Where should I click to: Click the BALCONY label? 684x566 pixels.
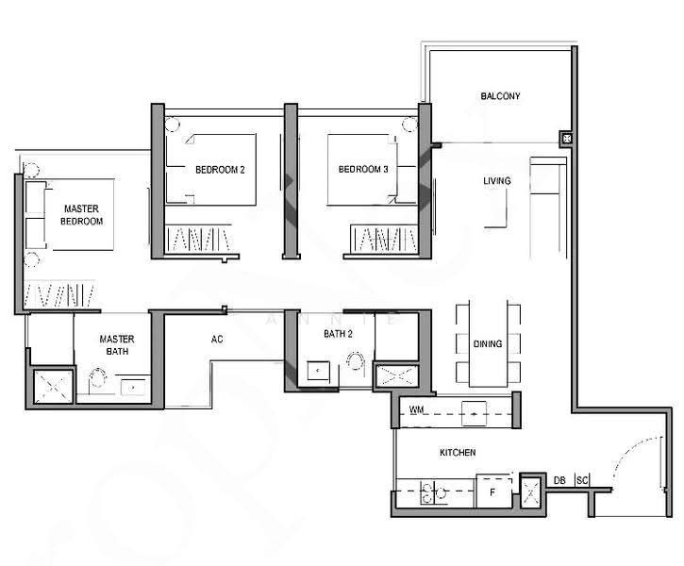click(500, 96)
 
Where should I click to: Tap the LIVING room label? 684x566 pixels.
click(497, 180)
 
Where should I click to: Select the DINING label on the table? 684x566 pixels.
click(488, 343)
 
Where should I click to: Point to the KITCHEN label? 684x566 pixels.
click(458, 453)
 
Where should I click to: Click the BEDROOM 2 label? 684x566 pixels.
click(220, 170)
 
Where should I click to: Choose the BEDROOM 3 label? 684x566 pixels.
click(363, 169)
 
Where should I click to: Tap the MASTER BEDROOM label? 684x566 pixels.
click(81, 215)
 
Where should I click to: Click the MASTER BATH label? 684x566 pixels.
click(117, 345)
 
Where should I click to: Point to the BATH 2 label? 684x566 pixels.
click(338, 334)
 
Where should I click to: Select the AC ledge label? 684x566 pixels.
click(217, 339)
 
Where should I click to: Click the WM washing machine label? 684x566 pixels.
click(416, 410)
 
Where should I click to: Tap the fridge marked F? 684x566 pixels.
click(493, 491)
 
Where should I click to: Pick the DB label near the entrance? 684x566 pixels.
click(559, 480)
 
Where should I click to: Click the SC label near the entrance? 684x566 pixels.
click(582, 480)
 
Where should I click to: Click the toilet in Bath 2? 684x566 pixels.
click(356, 360)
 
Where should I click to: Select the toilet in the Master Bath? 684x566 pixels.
click(98, 377)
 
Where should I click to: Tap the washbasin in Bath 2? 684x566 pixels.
click(318, 371)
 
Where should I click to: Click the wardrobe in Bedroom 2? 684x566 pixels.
click(198, 239)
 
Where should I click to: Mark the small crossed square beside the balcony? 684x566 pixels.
click(566, 139)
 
